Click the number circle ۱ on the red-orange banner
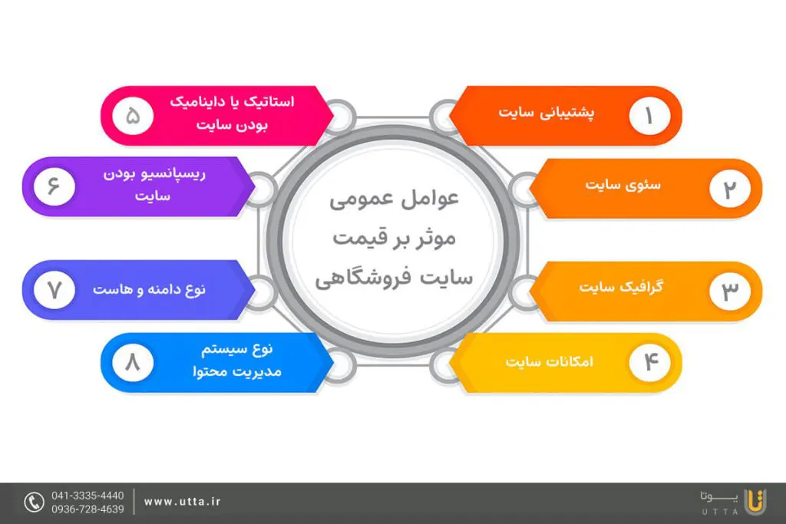click(649, 116)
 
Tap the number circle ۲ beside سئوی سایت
click(730, 189)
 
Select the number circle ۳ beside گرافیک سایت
click(730, 291)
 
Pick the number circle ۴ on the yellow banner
click(649, 361)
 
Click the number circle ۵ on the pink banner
click(133, 116)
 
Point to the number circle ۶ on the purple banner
click(54, 186)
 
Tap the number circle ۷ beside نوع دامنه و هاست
click(54, 290)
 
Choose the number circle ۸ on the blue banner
click(133, 361)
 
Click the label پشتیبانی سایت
click(547, 113)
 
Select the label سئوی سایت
click(623, 185)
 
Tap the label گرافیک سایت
click(622, 287)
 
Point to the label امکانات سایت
click(550, 361)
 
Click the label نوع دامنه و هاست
click(150, 289)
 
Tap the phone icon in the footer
click(34, 502)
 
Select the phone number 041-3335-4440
click(88, 496)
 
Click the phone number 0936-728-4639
click(88, 509)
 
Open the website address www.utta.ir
click(183, 502)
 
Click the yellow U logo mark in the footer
click(755, 502)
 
